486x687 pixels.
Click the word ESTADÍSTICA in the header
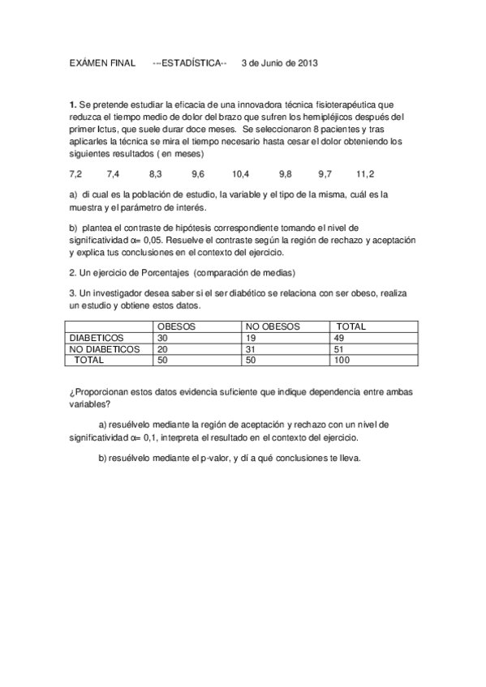[x=195, y=62]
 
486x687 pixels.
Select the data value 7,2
[x=76, y=174]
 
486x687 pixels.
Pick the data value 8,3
[x=156, y=174]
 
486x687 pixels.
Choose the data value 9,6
[x=198, y=174]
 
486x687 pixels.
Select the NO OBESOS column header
[x=273, y=326]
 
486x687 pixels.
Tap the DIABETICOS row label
[x=97, y=338]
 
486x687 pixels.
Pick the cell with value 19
[x=251, y=338]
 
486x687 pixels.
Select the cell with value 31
[x=251, y=349]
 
